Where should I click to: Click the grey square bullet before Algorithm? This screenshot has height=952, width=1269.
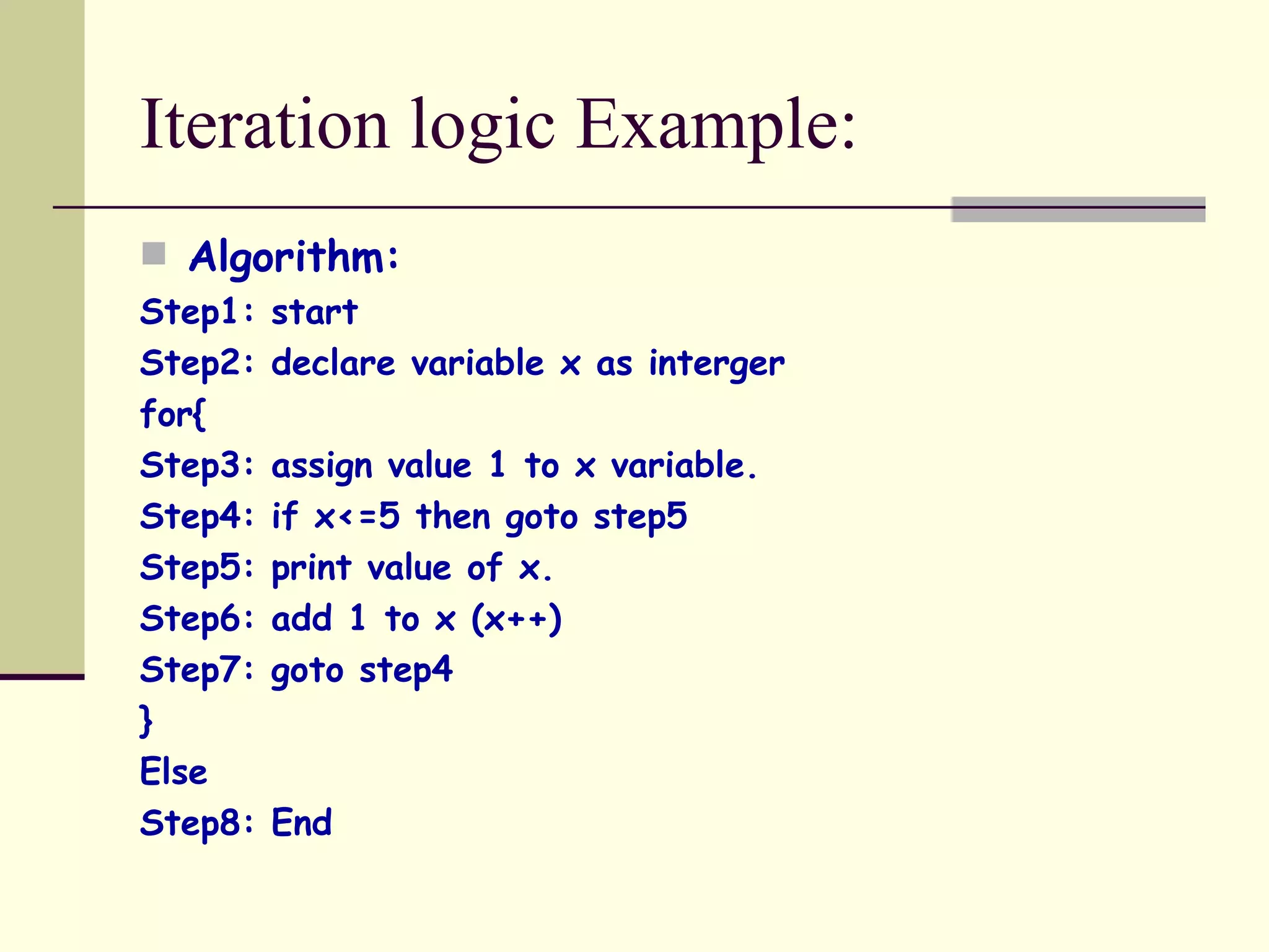(154, 253)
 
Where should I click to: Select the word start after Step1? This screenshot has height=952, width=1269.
(314, 312)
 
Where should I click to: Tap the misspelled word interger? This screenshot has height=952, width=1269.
(716, 364)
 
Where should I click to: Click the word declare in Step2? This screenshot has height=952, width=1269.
(333, 363)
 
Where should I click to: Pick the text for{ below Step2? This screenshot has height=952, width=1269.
(173, 414)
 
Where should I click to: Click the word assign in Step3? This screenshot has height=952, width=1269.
(322, 466)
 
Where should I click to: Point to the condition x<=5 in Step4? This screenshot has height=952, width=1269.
(357, 516)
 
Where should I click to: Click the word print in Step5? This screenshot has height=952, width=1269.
(311, 568)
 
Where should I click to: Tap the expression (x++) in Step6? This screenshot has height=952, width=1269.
(516, 619)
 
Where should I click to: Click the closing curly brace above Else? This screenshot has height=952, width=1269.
(146, 720)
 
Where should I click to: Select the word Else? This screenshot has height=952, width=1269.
(173, 772)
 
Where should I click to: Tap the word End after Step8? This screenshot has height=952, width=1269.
(302, 823)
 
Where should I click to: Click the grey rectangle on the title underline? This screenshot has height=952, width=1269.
(1078, 209)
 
